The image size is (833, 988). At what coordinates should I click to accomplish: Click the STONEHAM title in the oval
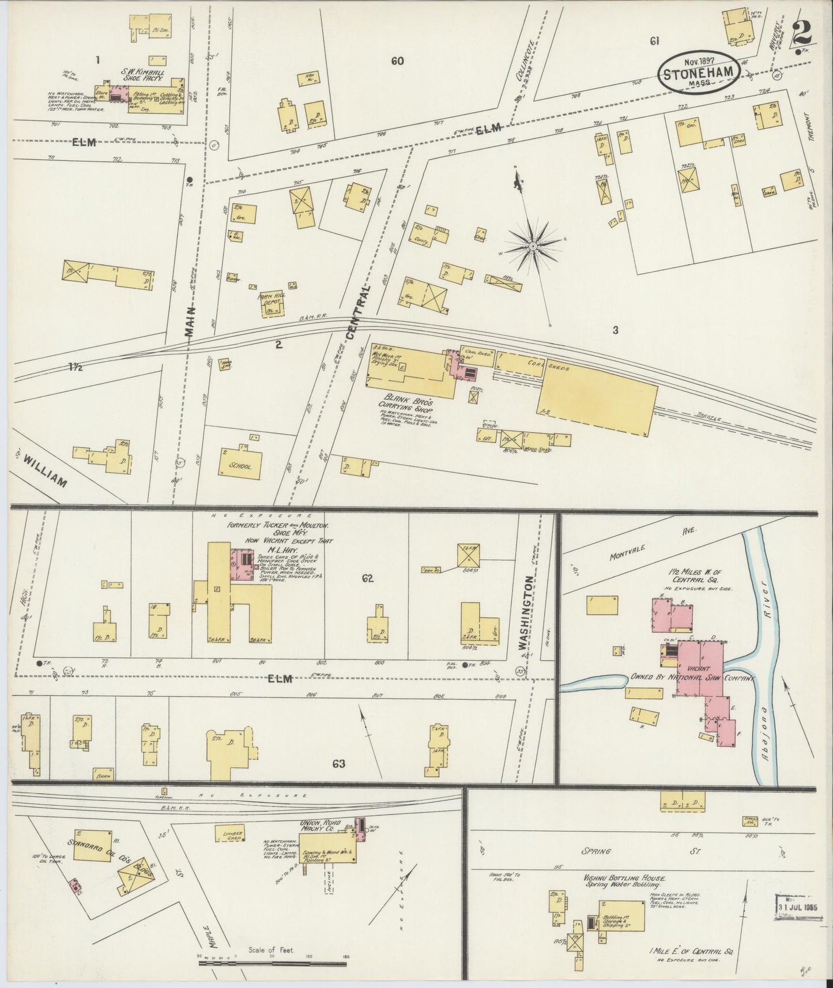pyautogui.click(x=698, y=75)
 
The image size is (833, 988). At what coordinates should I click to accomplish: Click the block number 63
pyautogui.click(x=338, y=764)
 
